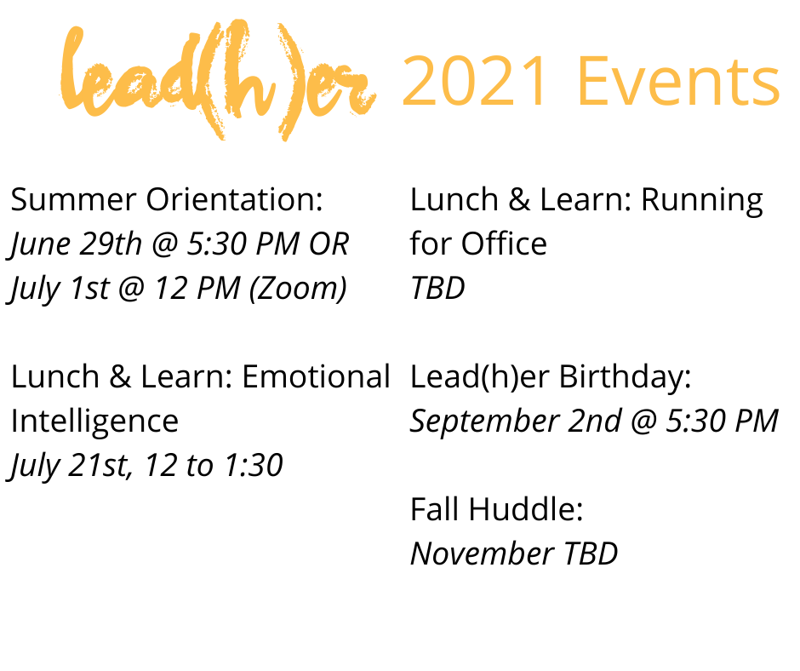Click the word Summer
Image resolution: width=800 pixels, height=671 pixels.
[x=73, y=200]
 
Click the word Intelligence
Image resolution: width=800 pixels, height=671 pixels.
[x=94, y=422]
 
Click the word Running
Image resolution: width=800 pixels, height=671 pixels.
[x=701, y=200]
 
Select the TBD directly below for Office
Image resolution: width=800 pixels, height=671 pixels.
[x=437, y=289]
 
